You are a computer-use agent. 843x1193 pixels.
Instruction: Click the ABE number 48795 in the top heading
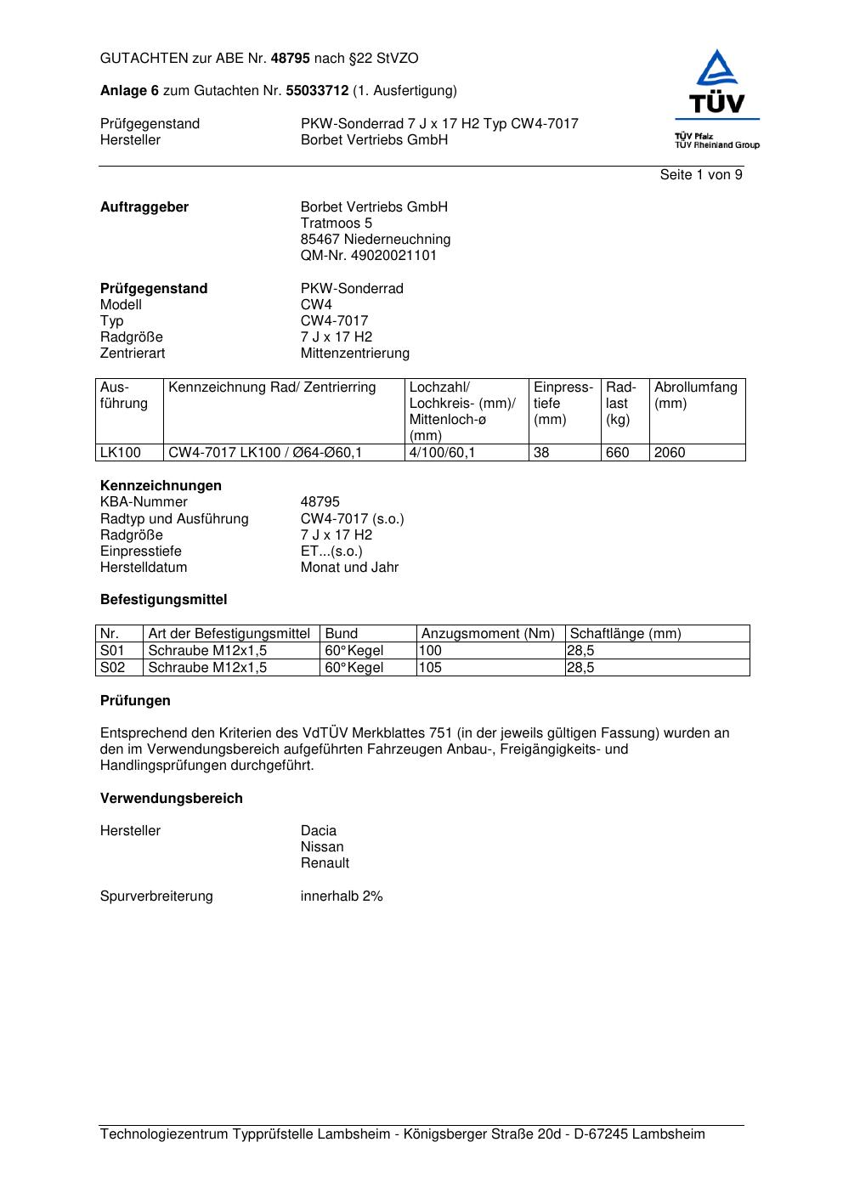coord(290,59)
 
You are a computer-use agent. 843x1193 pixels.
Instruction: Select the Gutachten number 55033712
coord(318,90)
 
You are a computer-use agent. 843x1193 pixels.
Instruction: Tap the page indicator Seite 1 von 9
coord(700,175)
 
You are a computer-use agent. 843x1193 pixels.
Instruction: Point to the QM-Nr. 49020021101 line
coord(368,255)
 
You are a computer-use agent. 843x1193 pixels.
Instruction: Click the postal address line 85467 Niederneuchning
coord(375,239)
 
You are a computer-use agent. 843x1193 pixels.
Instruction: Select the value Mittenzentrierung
coord(354,353)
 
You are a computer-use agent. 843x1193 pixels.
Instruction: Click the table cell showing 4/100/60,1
coord(442,452)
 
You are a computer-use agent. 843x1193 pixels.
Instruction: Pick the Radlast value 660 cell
coord(617,452)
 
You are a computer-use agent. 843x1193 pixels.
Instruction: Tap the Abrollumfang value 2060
coord(670,452)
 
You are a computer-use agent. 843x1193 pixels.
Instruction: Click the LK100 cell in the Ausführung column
coord(120,452)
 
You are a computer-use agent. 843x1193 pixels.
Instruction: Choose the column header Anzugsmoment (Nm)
coord(488,633)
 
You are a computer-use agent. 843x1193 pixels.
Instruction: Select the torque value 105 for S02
coord(431,667)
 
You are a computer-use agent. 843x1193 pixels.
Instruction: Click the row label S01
coord(112,650)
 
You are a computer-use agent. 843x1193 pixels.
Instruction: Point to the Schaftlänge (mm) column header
coord(625,633)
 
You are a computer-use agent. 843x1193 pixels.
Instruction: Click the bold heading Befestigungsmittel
coord(163,599)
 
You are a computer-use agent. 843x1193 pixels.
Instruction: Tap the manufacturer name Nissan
coord(322,846)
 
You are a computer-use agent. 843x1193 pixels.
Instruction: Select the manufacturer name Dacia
coord(318,830)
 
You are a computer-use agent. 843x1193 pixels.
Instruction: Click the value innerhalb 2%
coord(341,896)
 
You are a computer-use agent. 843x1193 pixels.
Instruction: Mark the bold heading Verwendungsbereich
coord(171,798)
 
